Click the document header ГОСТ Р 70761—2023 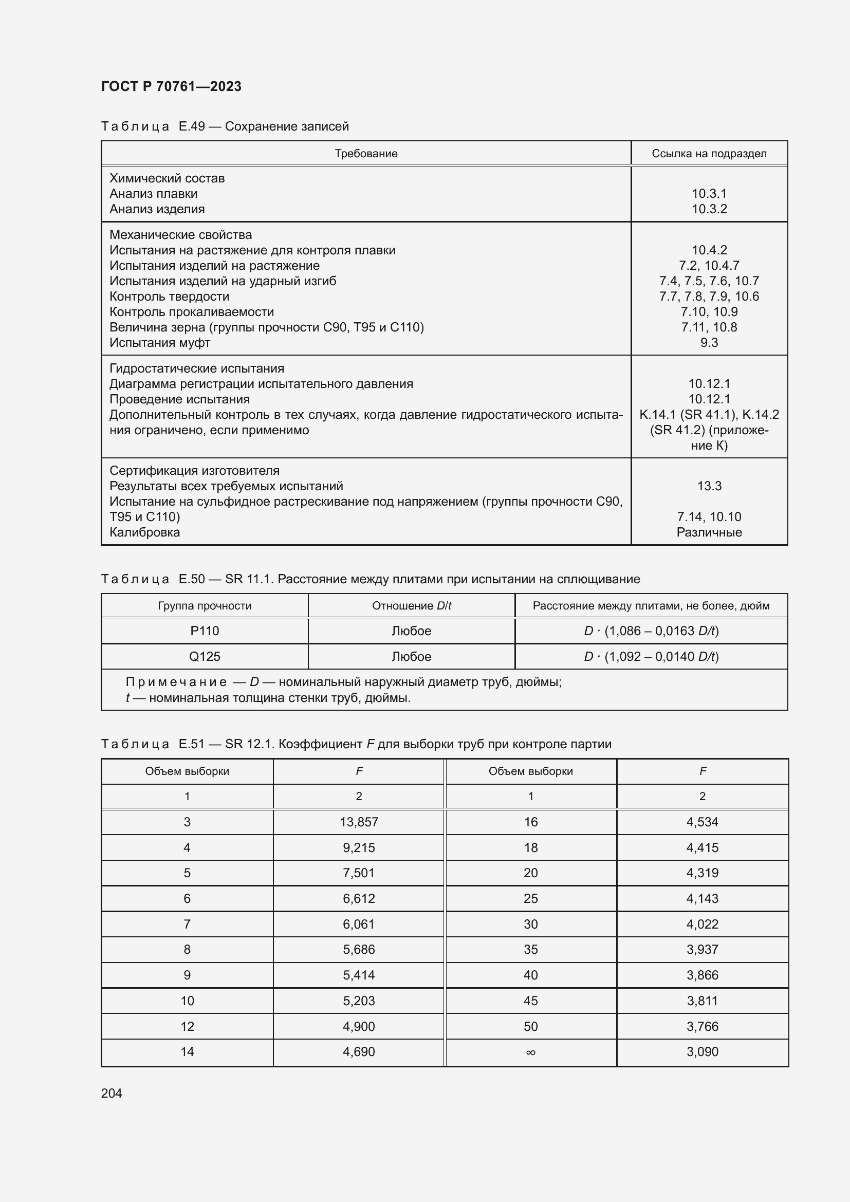click(x=171, y=86)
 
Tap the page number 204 click(x=112, y=1093)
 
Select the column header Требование click(x=366, y=153)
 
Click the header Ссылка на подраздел click(x=709, y=153)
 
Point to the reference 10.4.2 click(x=709, y=250)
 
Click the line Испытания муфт click(x=160, y=343)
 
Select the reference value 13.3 click(x=709, y=486)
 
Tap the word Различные click(x=709, y=532)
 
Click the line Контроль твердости click(x=169, y=297)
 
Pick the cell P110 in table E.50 click(x=205, y=631)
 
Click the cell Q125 click(x=205, y=656)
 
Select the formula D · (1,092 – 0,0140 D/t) click(x=651, y=656)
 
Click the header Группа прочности click(x=205, y=606)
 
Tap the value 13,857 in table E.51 click(x=359, y=822)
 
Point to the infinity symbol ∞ click(x=530, y=1052)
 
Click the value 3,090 click(x=702, y=1052)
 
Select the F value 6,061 click(x=359, y=924)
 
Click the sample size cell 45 click(x=530, y=1001)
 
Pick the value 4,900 click(x=359, y=1026)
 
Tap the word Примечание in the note click(x=176, y=682)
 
